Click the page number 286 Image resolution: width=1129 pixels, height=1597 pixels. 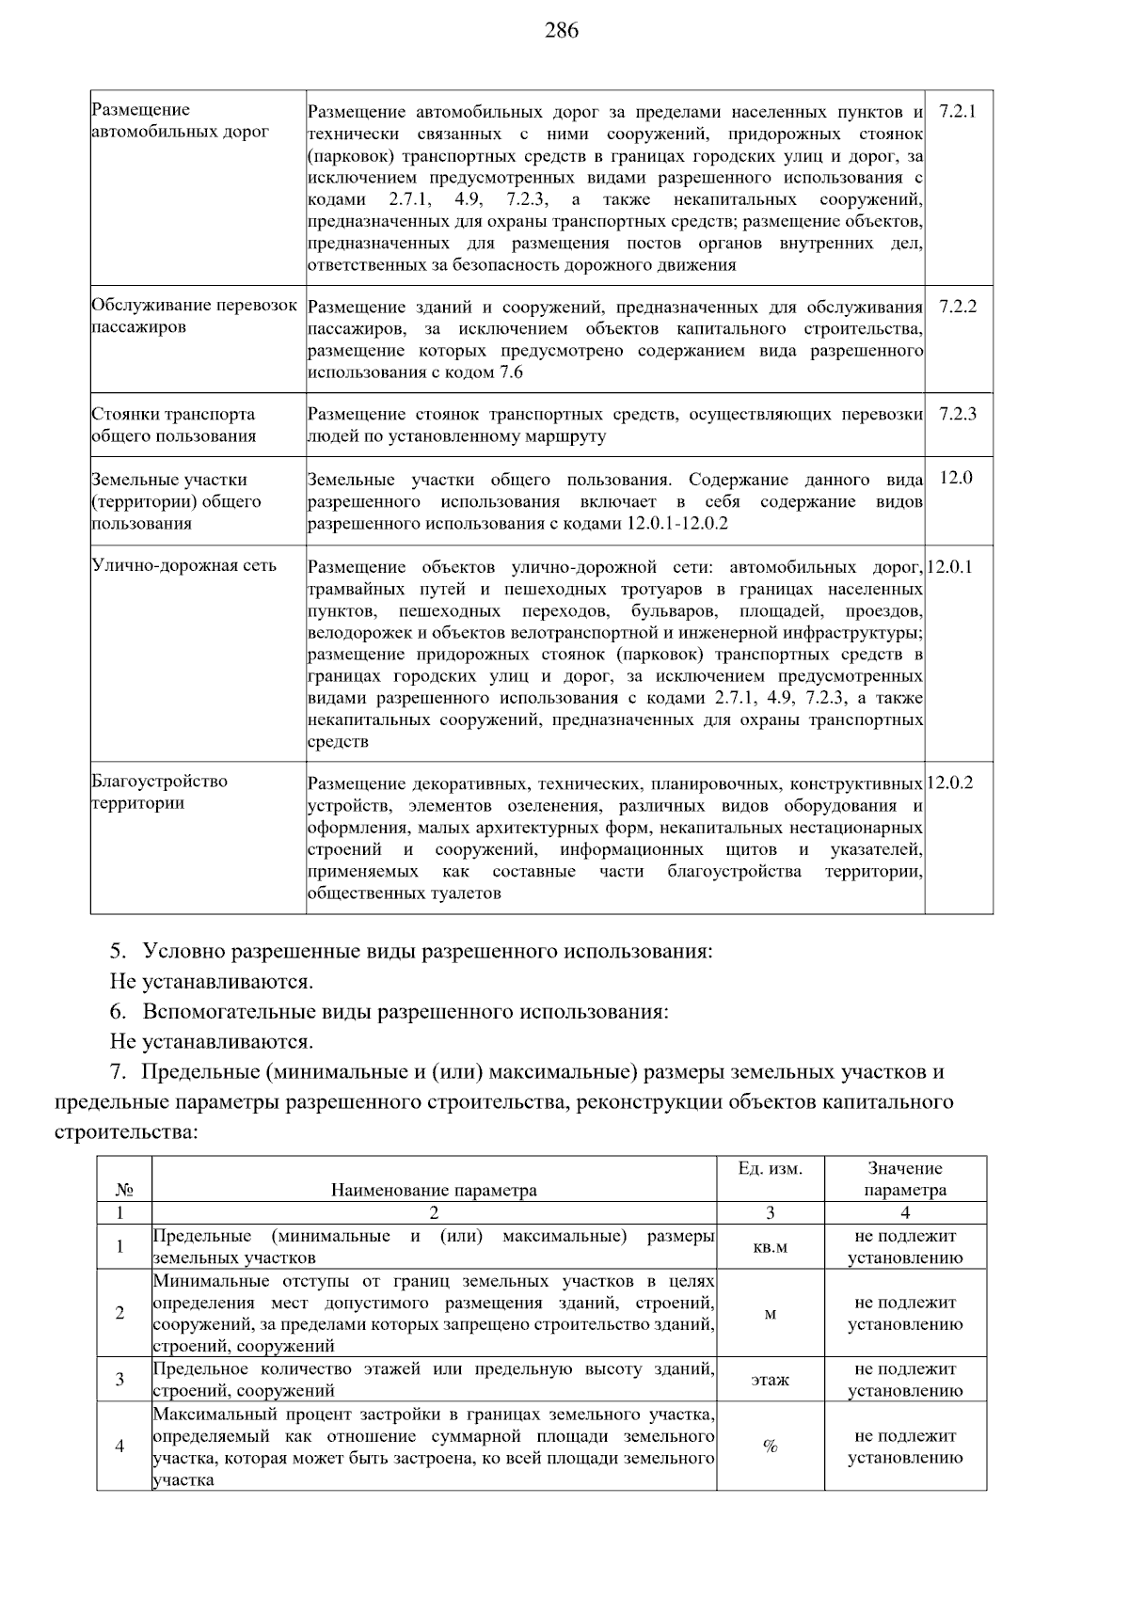562,31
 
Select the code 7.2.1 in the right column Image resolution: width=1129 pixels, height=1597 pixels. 958,111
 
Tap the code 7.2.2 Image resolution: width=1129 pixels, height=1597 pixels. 958,307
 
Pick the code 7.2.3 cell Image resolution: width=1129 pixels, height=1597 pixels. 958,414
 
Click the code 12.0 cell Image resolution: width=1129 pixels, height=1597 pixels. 956,478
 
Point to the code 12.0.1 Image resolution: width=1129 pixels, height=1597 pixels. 950,566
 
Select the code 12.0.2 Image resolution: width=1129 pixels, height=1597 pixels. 950,783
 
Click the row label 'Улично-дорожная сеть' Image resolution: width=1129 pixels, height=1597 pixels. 184,565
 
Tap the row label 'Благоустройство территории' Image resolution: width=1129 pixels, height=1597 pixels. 160,792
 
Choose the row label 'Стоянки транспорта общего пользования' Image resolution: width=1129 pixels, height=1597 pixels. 173,425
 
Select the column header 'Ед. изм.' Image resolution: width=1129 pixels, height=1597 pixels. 771,1169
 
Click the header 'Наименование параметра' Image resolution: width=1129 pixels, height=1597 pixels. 434,1190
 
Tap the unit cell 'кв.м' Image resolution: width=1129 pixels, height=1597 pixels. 771,1247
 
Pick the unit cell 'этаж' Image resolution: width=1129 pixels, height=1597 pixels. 771,1380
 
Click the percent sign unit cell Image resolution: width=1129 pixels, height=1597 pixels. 771,1447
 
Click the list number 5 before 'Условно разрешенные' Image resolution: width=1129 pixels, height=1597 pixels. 117,951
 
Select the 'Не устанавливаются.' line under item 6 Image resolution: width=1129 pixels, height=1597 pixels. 212,1041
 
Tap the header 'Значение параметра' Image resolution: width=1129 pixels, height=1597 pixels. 905,1179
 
